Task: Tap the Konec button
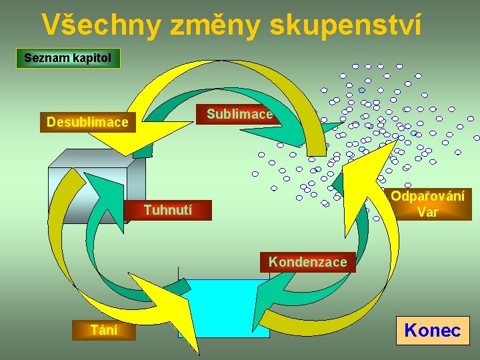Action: tap(433, 331)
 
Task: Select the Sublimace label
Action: tap(239, 114)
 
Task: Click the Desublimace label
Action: tap(87, 123)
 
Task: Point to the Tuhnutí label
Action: tap(168, 210)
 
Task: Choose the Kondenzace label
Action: tap(307, 262)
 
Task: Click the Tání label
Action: tap(104, 329)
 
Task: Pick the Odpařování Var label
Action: tap(427, 205)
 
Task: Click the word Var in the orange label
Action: tap(427, 213)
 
